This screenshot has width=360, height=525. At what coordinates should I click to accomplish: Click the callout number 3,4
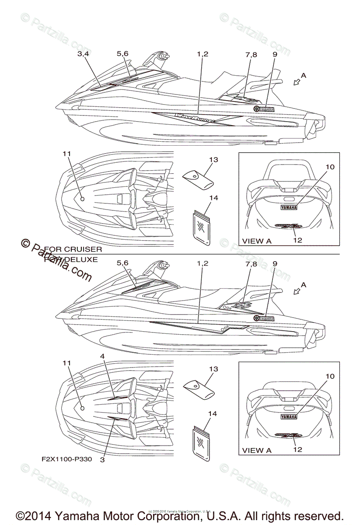pyautogui.click(x=83, y=54)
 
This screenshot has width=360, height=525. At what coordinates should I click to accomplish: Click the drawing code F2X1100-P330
pyautogui.click(x=64, y=460)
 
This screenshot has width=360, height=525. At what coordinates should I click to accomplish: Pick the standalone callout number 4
pyautogui.click(x=102, y=357)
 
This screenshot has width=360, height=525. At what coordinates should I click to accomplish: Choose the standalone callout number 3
pyautogui.click(x=102, y=459)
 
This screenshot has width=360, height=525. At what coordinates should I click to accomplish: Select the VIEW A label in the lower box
pyautogui.click(x=257, y=450)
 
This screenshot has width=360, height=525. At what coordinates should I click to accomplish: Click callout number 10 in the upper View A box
pyautogui.click(x=330, y=167)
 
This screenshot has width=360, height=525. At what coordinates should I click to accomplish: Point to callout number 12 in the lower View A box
pyautogui.click(x=297, y=449)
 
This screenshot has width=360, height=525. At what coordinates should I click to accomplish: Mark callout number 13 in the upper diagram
pyautogui.click(x=213, y=160)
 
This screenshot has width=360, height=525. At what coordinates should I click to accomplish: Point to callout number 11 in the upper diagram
pyautogui.click(x=66, y=154)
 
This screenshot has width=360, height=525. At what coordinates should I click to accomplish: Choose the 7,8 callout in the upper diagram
pyautogui.click(x=251, y=54)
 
